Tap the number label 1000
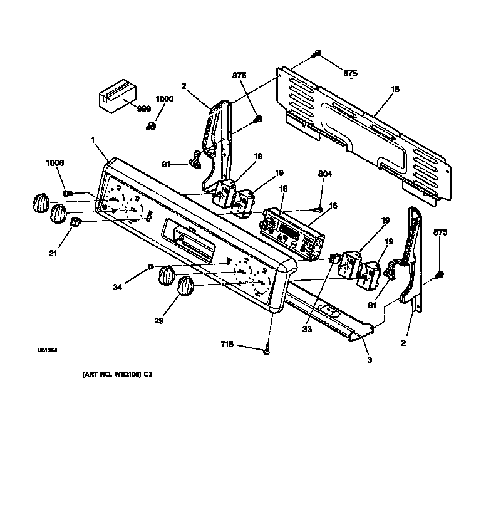pos(164,99)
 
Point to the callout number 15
pos(395,90)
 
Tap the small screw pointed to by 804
pos(319,209)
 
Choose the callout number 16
pos(333,205)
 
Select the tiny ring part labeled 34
pos(151,267)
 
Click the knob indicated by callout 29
pos(187,288)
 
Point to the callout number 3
pos(370,360)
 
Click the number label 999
pos(143,108)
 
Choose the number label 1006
pos(55,164)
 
